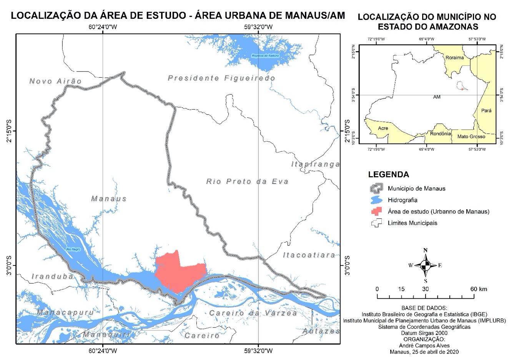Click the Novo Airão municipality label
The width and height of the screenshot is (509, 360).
[x=56, y=81]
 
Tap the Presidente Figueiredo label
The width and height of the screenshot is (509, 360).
[x=221, y=78]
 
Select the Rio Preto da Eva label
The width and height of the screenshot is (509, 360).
[x=247, y=181]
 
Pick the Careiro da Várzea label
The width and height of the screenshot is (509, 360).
[x=253, y=313]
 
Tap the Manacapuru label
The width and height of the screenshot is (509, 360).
[x=65, y=312]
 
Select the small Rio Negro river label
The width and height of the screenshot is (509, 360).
[x=73, y=249]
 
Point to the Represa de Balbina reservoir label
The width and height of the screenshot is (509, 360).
[x=264, y=56]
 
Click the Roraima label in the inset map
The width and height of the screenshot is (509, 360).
[x=454, y=58]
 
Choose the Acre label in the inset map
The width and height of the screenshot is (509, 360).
[x=383, y=128]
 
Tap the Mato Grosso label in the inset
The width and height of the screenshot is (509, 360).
[x=471, y=137]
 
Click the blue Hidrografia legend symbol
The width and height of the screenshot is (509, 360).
[x=377, y=200]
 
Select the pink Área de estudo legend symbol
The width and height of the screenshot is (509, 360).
[x=377, y=211]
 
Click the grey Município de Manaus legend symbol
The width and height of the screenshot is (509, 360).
[x=377, y=188]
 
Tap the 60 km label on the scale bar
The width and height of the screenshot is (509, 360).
[x=478, y=289]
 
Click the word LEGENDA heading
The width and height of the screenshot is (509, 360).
[x=388, y=174]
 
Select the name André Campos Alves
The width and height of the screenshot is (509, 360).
[x=424, y=345]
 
